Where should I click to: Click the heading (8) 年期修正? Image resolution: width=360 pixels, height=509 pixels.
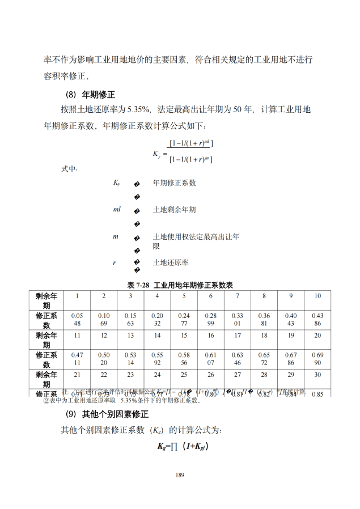[91, 95]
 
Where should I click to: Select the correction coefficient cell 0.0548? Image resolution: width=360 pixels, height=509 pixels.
[77, 319]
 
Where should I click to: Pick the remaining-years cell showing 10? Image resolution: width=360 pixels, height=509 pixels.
[317, 296]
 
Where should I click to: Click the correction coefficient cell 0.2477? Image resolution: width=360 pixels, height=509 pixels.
[184, 319]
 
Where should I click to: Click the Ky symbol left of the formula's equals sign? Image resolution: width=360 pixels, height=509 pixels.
[157, 154]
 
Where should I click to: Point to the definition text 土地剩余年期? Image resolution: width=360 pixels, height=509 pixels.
[174, 210]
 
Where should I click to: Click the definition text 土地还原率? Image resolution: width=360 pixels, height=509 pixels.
[171, 262]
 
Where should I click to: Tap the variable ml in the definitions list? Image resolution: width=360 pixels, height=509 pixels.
[117, 210]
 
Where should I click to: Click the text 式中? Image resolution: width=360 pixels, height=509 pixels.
[69, 169]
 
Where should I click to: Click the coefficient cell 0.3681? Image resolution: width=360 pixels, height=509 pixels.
[264, 319]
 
